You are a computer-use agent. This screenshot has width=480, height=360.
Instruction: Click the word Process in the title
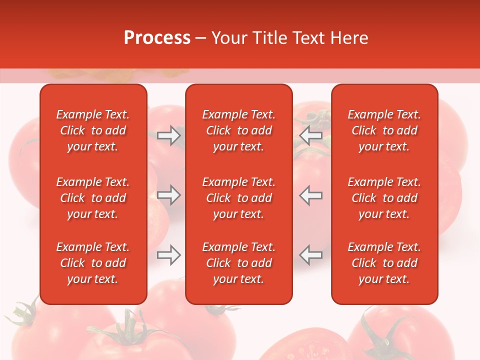[157, 38]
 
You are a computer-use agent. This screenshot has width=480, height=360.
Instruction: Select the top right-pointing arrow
[168, 135]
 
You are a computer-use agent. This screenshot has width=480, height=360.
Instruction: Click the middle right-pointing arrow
[168, 195]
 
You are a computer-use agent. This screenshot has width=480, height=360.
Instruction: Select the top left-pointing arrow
[310, 135]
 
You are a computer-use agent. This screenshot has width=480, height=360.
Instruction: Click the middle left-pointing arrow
[310, 195]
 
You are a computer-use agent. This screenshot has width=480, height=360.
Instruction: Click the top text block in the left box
[93, 130]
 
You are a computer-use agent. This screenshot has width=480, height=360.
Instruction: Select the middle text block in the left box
[93, 198]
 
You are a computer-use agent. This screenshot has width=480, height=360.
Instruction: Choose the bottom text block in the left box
[93, 263]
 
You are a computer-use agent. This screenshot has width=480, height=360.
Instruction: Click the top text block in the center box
[238, 130]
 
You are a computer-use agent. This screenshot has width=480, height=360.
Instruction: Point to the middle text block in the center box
[238, 198]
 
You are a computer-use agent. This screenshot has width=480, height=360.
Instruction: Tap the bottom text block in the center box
[238, 263]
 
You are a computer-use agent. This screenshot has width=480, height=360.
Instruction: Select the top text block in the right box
[384, 130]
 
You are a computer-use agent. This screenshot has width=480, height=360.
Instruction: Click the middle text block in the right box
[384, 198]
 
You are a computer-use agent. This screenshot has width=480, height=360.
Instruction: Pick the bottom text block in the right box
[384, 263]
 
